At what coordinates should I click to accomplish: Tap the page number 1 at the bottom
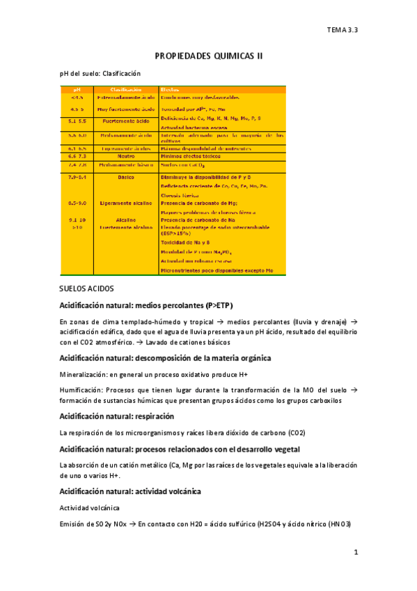click(x=355, y=553)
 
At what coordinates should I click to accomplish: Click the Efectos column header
click(x=170, y=89)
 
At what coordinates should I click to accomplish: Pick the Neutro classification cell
click(x=126, y=157)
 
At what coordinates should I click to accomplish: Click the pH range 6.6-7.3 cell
click(x=77, y=157)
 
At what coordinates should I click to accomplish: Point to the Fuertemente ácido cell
click(x=126, y=121)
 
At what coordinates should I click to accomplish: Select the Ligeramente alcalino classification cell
click(x=126, y=203)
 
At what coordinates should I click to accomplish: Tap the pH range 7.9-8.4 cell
click(x=77, y=178)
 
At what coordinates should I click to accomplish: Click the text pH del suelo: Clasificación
click(x=100, y=73)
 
